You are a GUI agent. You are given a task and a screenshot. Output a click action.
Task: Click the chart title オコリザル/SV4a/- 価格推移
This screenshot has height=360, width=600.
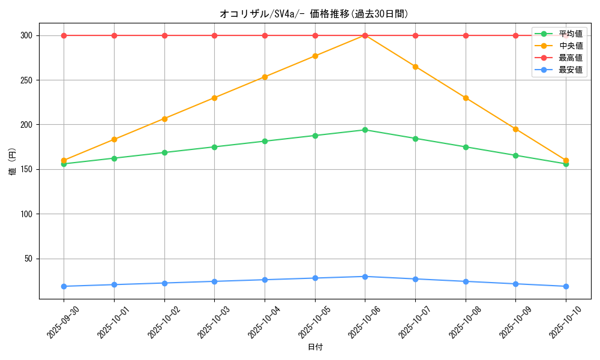314,14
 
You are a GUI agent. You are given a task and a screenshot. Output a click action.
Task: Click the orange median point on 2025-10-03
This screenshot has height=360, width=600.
214,98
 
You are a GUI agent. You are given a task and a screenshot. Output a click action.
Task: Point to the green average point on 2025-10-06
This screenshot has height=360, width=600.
365,130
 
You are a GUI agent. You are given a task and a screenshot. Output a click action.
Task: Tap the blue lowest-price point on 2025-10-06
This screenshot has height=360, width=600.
365,277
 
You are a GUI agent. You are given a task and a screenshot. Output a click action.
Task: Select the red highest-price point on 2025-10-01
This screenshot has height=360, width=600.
114,35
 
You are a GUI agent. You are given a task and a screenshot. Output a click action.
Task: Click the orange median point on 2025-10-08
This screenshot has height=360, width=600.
466,98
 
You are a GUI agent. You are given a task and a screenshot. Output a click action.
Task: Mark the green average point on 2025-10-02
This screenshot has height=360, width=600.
164,152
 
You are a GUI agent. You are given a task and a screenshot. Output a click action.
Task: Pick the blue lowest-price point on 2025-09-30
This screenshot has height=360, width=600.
64,286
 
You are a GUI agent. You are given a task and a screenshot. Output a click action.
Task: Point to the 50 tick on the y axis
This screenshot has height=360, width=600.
28,259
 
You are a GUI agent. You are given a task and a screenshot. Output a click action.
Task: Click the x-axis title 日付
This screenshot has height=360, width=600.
315,347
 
